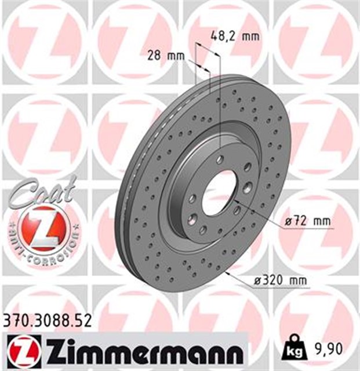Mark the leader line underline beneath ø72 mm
[307, 228]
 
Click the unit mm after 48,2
[250, 36]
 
